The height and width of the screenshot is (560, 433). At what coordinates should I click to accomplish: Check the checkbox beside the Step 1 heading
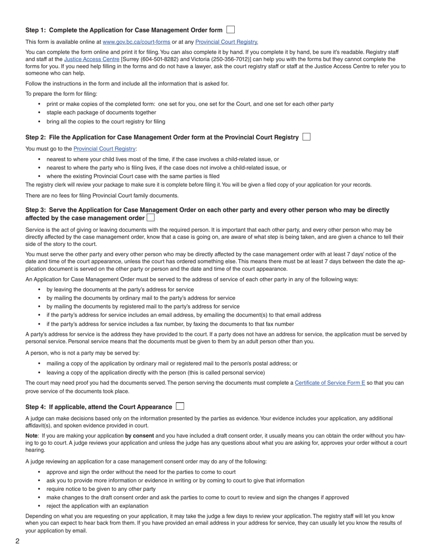point(231,30)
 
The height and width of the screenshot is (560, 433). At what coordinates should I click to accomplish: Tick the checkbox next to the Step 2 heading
point(306,137)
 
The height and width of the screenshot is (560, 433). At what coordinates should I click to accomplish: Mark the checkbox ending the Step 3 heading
point(150,218)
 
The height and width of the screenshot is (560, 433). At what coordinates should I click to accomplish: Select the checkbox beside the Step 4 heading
point(180,406)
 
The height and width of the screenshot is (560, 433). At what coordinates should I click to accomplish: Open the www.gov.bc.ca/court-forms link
point(136,42)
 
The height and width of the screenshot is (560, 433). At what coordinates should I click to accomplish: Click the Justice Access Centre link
point(92,59)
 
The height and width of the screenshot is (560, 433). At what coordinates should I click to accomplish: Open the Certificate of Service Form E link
point(330,383)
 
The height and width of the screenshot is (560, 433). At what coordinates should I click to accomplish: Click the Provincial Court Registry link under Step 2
point(104,149)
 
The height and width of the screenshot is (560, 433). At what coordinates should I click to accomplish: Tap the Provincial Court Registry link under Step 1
point(227,42)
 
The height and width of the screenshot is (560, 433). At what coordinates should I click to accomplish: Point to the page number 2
point(17,541)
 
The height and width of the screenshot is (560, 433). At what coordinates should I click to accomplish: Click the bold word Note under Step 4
point(31,436)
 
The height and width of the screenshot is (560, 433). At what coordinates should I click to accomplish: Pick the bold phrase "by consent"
point(139,436)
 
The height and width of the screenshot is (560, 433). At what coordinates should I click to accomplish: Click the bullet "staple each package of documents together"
point(101,112)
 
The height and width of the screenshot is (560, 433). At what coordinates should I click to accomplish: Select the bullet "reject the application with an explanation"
point(97,506)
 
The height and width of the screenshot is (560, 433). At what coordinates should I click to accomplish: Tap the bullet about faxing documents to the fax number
point(170,324)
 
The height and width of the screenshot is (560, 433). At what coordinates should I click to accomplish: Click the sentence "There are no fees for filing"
point(102,196)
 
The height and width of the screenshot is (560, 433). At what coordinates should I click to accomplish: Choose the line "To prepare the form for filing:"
point(61,94)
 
